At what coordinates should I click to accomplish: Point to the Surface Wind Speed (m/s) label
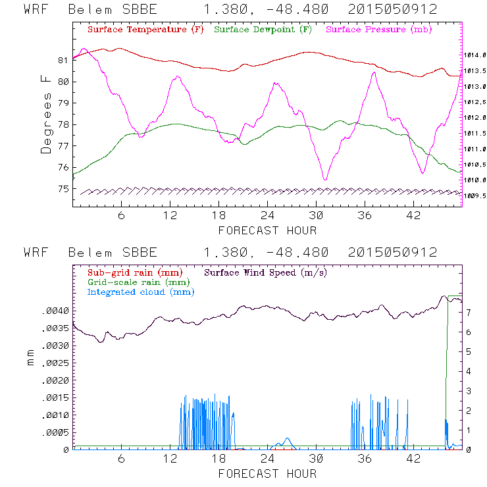[266, 272]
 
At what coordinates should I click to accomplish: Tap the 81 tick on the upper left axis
[63, 61]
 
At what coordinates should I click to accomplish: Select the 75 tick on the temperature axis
[63, 189]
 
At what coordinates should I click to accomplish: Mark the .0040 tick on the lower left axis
[55, 311]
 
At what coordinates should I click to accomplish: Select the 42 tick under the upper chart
[414, 216]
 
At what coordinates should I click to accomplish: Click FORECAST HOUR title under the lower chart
[267, 473]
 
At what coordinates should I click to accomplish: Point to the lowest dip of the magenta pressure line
[324, 179]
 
